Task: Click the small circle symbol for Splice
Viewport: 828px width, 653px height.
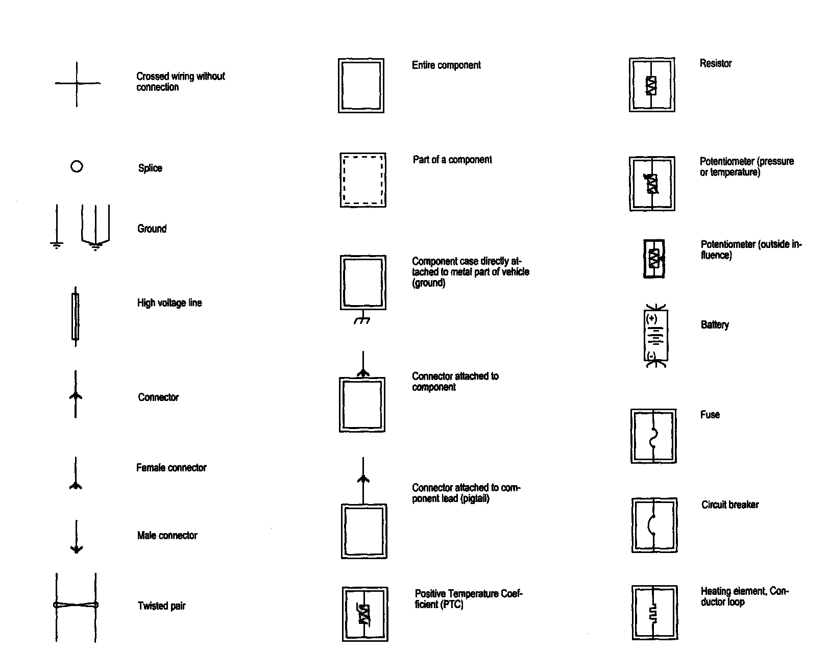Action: point(77,166)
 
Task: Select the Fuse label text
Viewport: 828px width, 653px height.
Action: point(710,415)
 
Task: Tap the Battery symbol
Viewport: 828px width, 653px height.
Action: point(656,337)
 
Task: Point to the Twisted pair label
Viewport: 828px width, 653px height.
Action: point(161,606)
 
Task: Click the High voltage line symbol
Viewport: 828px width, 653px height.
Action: point(76,316)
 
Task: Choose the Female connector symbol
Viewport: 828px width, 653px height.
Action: point(76,474)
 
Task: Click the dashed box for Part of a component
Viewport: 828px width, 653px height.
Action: point(363,180)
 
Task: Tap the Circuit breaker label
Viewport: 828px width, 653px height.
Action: point(730,505)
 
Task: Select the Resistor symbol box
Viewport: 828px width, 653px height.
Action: point(652,85)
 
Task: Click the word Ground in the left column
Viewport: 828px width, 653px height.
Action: point(152,229)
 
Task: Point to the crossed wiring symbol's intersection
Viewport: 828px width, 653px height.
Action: point(77,83)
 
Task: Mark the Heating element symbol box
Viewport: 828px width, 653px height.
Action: point(654,613)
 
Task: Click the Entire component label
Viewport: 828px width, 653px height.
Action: point(446,65)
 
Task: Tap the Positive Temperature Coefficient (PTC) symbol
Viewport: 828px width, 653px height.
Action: point(364,614)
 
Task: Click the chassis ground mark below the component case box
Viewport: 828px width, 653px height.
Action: point(362,320)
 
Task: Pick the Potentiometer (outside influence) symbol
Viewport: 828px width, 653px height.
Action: point(654,259)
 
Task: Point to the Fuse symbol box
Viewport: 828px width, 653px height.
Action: point(653,436)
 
